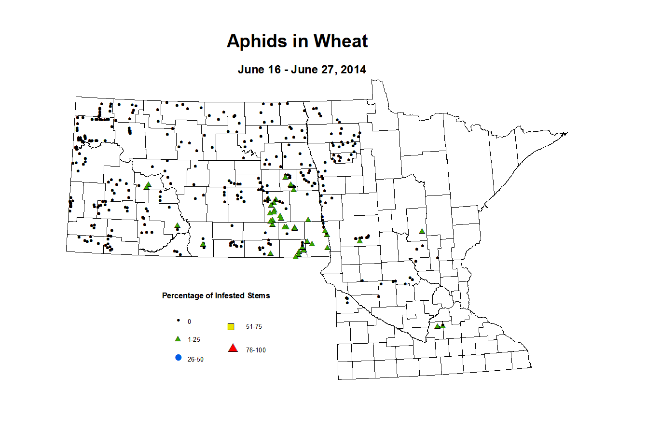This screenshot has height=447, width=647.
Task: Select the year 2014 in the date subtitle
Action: tap(353, 70)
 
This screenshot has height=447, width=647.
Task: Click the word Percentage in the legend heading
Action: tap(182, 296)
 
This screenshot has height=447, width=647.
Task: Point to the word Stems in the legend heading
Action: tap(259, 296)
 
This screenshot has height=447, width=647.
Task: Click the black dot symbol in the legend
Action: tap(178, 321)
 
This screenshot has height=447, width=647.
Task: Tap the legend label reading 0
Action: tap(189, 321)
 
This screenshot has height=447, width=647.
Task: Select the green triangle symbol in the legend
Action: tap(178, 339)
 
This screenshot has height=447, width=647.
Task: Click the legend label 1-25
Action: tap(194, 340)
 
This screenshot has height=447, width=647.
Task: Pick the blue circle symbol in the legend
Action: tap(178, 358)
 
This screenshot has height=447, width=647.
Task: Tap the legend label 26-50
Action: tap(195, 360)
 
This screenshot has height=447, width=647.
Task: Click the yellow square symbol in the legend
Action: tap(231, 327)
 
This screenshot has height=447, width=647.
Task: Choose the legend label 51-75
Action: tap(254, 327)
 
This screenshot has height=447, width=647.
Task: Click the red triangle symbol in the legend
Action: tap(233, 348)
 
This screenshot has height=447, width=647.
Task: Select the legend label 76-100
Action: tap(256, 350)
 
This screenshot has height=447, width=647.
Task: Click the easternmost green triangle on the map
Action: tap(443, 326)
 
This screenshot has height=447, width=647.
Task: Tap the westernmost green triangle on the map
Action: tap(146, 186)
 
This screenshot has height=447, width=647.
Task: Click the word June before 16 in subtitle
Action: tap(251, 70)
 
